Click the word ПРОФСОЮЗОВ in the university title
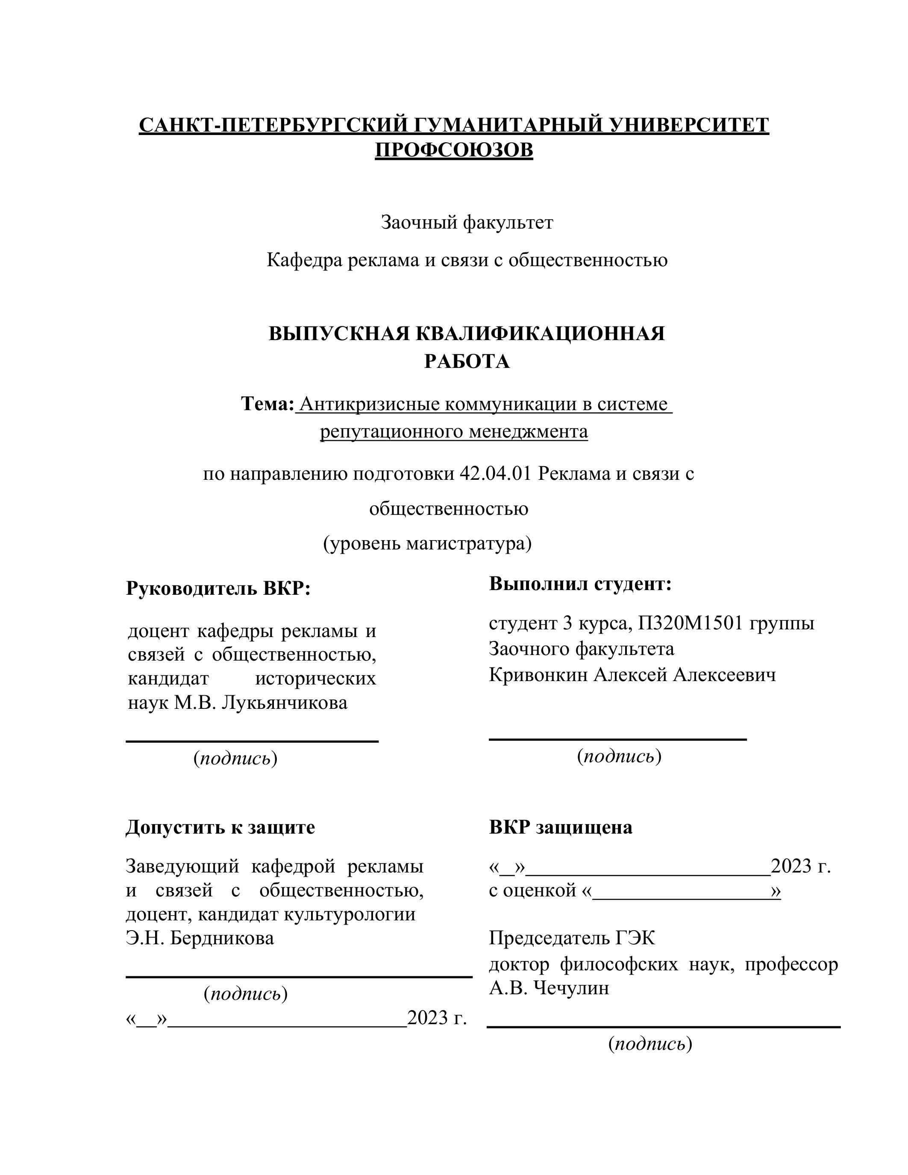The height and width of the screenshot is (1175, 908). coord(453,150)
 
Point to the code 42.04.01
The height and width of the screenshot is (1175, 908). coord(495,473)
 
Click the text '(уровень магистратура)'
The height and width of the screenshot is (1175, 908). coord(427,543)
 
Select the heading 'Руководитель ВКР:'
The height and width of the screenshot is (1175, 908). coord(218,588)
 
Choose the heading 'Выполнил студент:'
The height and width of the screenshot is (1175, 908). coord(580,584)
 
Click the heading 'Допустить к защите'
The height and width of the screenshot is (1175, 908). coord(220,827)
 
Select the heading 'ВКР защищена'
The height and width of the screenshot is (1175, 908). coord(561,827)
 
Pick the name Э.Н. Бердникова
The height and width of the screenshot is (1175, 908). coord(200,938)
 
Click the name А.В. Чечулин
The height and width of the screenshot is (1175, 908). coord(549,988)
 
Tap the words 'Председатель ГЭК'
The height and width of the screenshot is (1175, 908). coord(572,938)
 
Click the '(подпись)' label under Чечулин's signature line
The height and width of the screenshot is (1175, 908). coord(650,1044)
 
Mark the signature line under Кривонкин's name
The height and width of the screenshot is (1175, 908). coord(617,739)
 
